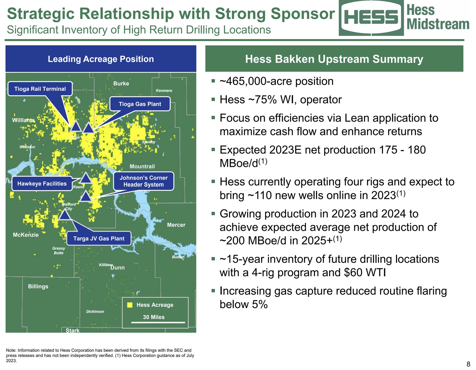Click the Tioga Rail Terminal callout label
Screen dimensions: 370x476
[x=40, y=89]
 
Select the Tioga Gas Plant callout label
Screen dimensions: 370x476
[x=140, y=104]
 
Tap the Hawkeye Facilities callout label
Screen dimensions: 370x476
[x=42, y=183]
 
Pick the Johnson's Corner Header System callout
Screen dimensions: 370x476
[x=143, y=181]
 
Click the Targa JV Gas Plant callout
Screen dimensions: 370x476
[x=99, y=238]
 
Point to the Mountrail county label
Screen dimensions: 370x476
[x=142, y=166]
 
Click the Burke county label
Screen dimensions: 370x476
[x=121, y=83]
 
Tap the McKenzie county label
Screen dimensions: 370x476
[x=26, y=235]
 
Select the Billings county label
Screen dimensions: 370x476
[x=38, y=286]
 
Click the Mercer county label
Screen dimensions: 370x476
[x=176, y=225]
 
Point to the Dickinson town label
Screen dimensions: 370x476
[x=95, y=311]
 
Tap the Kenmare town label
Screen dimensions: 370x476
[x=164, y=90]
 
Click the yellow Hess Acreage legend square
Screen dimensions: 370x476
[x=130, y=305]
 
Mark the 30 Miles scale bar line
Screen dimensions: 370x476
[x=158, y=322]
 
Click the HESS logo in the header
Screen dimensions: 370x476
[x=371, y=17]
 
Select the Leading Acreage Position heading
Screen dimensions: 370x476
[x=101, y=59]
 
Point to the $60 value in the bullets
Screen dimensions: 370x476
[x=352, y=272]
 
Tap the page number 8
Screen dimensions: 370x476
[x=468, y=364]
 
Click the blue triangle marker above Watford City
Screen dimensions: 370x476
[x=64, y=215]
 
